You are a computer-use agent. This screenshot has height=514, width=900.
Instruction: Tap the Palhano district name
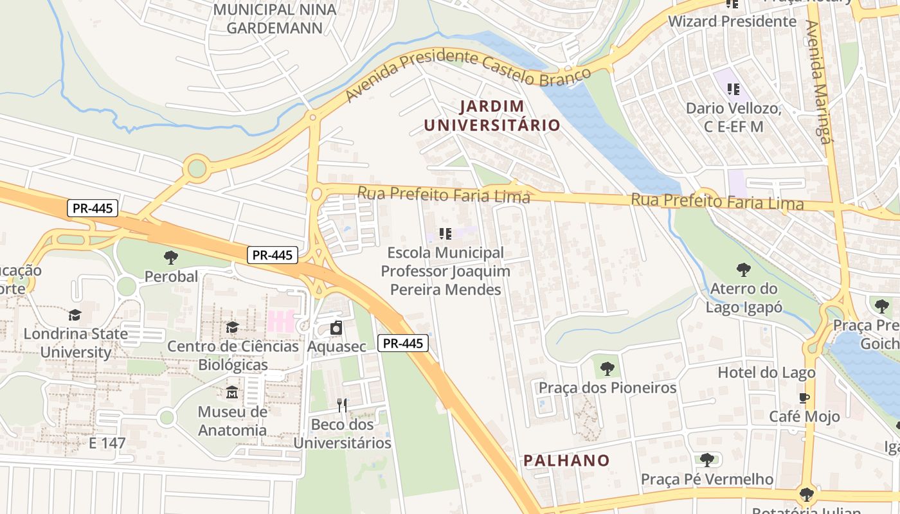pos(566,461)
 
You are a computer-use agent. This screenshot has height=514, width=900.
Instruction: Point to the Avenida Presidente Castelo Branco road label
pos(468,75)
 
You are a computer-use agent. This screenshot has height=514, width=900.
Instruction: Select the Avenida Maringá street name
pos(818,82)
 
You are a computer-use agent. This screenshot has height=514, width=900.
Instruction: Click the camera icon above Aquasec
pos(336,328)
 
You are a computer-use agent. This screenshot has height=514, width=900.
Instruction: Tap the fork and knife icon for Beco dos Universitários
pos(342,405)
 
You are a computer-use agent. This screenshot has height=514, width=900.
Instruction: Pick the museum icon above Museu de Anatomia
pos(232,392)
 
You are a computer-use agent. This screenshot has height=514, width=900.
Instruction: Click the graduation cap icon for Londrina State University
pos(75,315)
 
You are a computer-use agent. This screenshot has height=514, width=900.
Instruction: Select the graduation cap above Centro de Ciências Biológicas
pos(232,327)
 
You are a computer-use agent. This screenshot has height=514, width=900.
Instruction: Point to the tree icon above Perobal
pos(171,258)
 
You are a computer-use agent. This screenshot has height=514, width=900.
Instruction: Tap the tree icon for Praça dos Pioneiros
pos(607,369)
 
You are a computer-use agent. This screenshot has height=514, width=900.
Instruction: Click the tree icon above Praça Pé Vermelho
pos(707,460)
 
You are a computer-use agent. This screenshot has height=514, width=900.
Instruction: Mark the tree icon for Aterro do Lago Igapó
pos(744,269)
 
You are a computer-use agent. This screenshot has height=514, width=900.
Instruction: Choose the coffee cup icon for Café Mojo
pos(804,398)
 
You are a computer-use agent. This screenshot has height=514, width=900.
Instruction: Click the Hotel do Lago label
pos(766,373)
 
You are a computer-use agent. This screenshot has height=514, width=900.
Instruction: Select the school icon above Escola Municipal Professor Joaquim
pos(445,234)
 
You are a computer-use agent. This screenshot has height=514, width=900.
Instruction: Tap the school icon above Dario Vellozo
pos(733,89)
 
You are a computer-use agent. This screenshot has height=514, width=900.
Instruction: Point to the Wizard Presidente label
pos(732,21)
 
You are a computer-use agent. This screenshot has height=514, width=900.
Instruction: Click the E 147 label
pos(107,443)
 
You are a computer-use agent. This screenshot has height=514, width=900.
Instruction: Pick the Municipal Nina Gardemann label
pos(274,19)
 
